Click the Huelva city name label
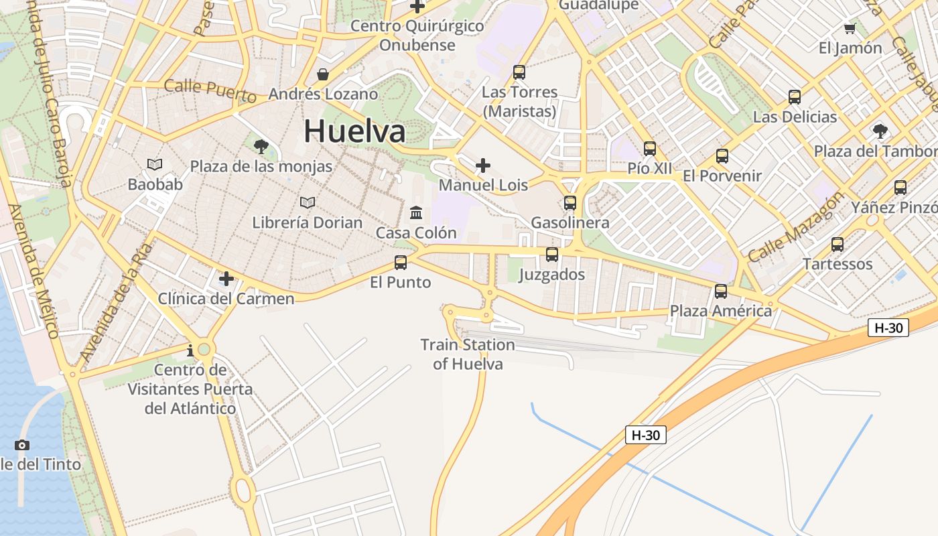pos(354,131)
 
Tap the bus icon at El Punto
pos(401,262)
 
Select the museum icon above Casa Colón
pos(416,213)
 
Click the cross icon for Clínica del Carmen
pos(226,278)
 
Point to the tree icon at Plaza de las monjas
pos(261,146)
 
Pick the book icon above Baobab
pos(155,164)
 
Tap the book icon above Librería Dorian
pos(308,202)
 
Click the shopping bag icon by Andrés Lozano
pos(323,74)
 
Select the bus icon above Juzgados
pos(552,255)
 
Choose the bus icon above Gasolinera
pos(570,202)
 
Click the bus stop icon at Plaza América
pos(721,291)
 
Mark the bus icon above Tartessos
pos(837,245)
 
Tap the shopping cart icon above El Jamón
pos(850,28)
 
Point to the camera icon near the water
pos(22,445)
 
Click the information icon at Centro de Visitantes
pos(190,350)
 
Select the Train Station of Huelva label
pos(468,354)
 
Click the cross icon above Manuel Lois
pos(483,165)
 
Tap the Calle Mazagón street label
pos(796,228)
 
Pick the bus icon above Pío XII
pos(650,149)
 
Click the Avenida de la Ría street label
pos(115,303)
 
